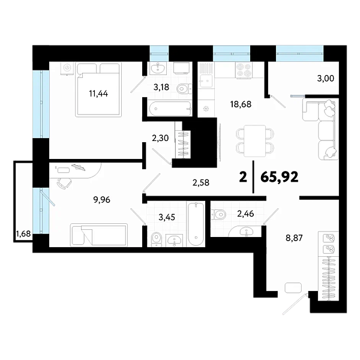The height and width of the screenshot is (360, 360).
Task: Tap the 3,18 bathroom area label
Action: pyautogui.click(x=161, y=88)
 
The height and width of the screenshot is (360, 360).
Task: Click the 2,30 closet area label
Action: pyautogui.click(x=160, y=138)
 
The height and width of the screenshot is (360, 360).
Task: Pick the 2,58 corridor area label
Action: pyautogui.click(x=201, y=181)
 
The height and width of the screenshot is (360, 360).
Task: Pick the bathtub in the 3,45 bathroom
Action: pyautogui.click(x=196, y=224)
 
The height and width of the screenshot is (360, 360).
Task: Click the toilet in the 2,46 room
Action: pyautogui.click(x=220, y=212)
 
